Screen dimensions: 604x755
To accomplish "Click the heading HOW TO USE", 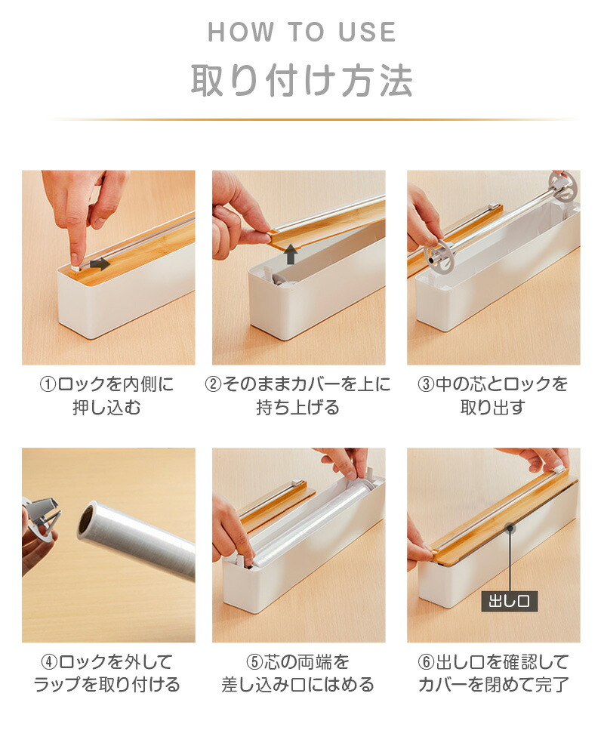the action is point(302,32).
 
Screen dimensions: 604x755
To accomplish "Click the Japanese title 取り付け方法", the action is point(302,80).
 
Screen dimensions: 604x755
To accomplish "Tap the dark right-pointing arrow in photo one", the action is point(100,263).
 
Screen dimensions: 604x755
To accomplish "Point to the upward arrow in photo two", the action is point(291,254).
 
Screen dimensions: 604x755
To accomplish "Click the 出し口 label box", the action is point(509,602).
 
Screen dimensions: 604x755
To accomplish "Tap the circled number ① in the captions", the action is point(48,385).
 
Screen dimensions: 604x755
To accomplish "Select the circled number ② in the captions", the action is point(213,385).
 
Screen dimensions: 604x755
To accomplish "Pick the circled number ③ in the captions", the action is point(426,385).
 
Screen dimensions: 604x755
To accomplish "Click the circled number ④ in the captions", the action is point(49,662).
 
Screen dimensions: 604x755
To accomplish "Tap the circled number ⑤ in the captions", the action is point(254,662).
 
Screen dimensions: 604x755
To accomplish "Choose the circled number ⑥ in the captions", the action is point(427,662).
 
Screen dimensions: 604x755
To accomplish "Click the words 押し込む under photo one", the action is point(107,408).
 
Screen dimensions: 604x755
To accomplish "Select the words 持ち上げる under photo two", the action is point(298,408).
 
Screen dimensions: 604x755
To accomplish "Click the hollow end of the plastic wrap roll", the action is point(87,520).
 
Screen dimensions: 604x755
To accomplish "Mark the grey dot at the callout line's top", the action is point(509,528).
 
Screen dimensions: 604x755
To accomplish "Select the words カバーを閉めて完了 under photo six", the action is point(493,684).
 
